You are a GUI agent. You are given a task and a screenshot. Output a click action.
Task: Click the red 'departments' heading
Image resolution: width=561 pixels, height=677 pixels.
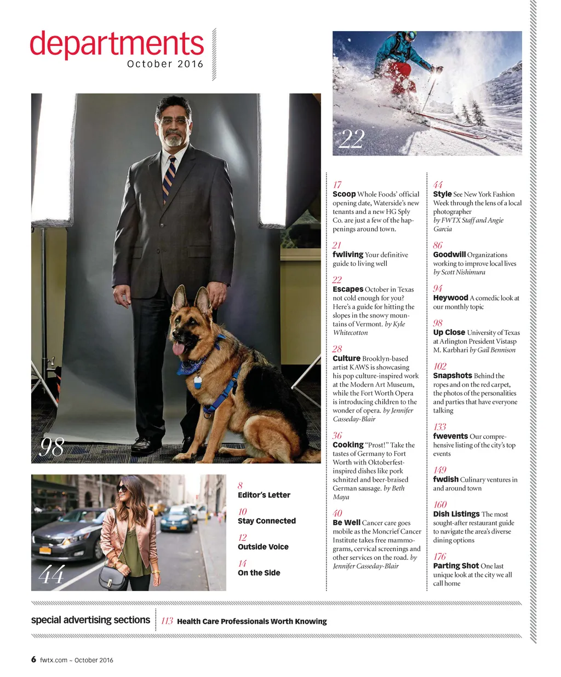[116, 45]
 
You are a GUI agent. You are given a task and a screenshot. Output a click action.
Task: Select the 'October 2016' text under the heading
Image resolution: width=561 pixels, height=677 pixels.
[165, 64]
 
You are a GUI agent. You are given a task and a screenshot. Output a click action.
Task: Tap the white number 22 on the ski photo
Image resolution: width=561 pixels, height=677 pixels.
[351, 139]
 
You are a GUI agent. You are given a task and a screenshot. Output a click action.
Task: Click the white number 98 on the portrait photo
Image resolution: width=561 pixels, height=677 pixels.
[52, 447]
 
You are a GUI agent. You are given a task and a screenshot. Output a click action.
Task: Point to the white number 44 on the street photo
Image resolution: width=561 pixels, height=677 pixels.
[51, 575]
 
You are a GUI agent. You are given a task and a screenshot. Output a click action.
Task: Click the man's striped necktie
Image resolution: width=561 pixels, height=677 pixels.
[169, 178]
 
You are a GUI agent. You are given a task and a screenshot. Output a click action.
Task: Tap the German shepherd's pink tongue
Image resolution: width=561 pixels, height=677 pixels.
[178, 348]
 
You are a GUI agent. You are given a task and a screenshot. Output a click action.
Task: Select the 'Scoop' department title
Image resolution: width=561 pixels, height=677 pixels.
[344, 194]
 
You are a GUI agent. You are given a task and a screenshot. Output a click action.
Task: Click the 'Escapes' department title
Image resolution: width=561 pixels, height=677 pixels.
[348, 290]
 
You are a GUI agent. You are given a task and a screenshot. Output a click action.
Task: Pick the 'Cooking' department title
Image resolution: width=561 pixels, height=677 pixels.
[348, 445]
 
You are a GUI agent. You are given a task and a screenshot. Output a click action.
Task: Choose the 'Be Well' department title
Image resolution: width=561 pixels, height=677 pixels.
[346, 523]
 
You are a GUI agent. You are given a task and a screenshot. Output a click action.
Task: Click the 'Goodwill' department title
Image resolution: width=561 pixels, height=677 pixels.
[449, 254]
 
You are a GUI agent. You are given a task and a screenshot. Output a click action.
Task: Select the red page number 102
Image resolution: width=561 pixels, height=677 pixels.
[440, 366]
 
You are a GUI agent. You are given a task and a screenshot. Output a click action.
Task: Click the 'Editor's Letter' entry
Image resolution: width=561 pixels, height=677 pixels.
[264, 495]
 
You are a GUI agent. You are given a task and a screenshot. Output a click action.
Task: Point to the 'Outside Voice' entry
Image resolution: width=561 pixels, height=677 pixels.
[263, 547]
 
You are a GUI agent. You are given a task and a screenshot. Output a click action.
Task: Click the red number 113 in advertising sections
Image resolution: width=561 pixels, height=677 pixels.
[167, 621]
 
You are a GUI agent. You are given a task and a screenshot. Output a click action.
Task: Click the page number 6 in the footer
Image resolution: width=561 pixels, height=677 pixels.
[34, 659]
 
